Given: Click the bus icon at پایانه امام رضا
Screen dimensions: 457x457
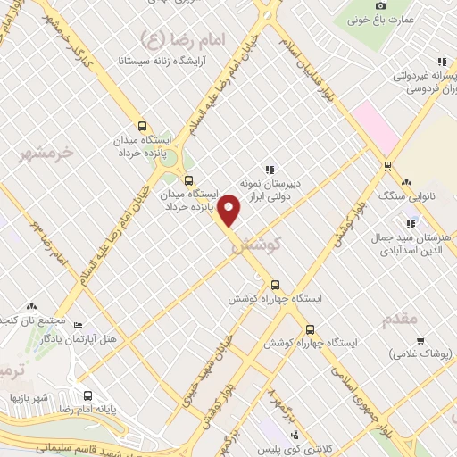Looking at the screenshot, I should click(87, 395).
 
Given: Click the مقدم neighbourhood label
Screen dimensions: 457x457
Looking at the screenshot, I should click(404, 315).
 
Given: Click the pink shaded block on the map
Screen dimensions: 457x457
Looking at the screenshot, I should click(374, 126).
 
